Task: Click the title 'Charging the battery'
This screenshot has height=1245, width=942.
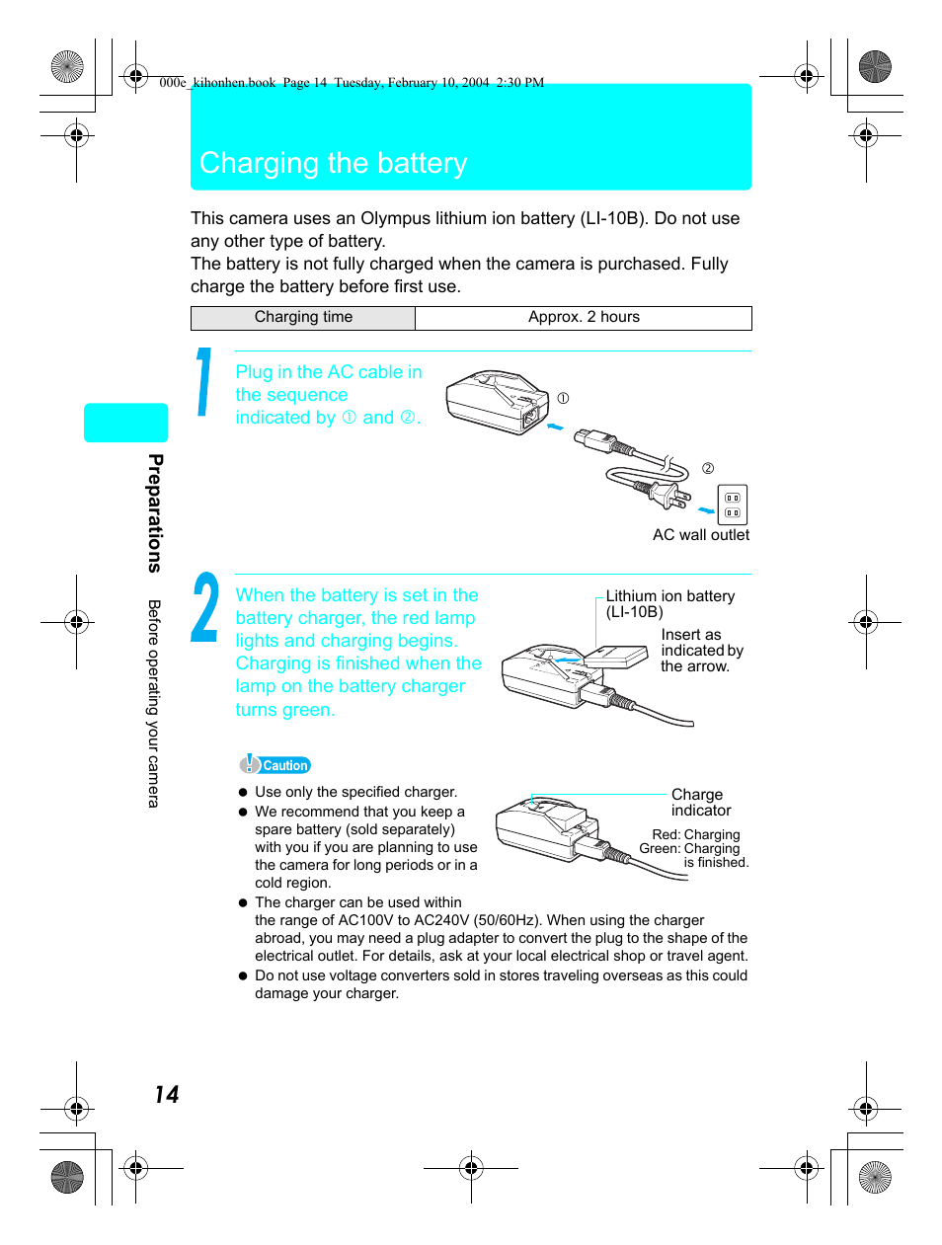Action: coord(334,163)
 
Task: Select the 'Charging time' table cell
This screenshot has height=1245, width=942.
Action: coord(303,317)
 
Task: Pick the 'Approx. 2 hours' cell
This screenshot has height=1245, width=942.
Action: coord(584,317)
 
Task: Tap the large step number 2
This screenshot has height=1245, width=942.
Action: coord(205,608)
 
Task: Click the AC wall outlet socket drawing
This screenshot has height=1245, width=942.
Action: coord(732,505)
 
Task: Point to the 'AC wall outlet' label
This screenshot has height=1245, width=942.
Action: coord(700,535)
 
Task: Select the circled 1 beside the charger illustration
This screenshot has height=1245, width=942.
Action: coord(563,399)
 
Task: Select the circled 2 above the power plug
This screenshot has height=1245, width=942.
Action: coord(708,468)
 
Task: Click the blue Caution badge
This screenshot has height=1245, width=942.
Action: coord(275,765)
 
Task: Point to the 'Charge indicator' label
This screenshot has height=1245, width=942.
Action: coord(700,803)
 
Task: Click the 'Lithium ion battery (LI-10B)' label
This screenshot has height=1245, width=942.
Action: coord(669,603)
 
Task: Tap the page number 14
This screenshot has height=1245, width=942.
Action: coord(166,1094)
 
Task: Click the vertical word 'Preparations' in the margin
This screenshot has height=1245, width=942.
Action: coord(155,512)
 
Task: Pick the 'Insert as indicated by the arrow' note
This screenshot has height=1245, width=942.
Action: coord(700,651)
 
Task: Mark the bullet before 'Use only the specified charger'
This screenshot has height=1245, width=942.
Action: coord(243,792)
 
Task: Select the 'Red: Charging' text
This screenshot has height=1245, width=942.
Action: coord(695,834)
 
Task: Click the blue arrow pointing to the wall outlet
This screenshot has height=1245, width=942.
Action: coord(706,510)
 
